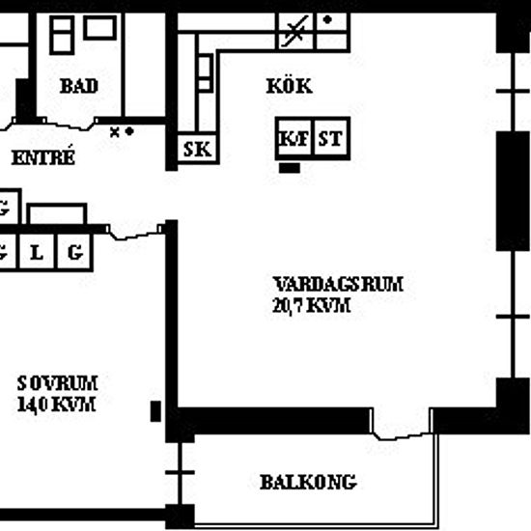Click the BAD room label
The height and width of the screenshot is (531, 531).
79,86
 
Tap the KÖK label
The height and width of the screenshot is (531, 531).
290,86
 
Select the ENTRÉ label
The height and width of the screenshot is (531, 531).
43,156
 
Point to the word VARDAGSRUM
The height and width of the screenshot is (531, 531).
338,284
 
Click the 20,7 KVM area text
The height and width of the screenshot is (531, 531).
311,305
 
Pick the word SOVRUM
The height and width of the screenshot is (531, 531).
58,383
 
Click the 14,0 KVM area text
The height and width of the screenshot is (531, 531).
56,405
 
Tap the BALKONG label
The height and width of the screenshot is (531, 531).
308,482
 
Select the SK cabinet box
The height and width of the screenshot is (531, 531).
198,149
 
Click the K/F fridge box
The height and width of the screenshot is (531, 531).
293,138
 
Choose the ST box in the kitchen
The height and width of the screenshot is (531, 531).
331,138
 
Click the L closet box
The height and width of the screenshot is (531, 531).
37,252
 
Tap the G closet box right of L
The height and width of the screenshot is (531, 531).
75,252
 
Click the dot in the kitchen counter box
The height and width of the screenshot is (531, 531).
327,19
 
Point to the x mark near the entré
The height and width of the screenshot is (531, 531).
115,132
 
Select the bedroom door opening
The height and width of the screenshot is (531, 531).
135,232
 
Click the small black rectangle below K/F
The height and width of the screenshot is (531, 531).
290,168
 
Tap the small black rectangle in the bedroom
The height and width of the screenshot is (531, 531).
155,411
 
